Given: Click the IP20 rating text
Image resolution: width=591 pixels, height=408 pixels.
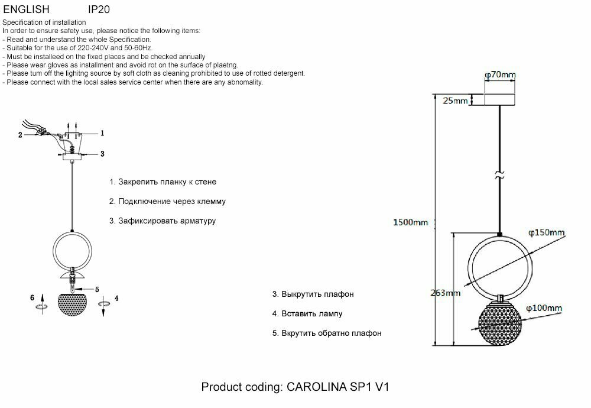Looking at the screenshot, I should click(x=99, y=10).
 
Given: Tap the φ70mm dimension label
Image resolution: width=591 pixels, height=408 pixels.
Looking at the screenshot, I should click(x=500, y=75).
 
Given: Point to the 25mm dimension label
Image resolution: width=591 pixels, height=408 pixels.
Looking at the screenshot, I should click(x=455, y=101).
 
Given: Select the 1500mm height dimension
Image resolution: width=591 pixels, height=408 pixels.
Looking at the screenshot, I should click(x=410, y=222).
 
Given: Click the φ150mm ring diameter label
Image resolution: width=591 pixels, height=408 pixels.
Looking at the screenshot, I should click(x=546, y=233).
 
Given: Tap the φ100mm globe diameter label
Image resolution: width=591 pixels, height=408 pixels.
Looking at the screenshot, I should click(x=543, y=308).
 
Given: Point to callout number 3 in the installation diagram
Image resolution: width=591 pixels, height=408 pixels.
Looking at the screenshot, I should click(x=102, y=154).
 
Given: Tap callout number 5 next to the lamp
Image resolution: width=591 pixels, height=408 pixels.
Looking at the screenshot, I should click(x=97, y=289).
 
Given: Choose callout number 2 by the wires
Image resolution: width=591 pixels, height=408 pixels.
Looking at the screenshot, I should click(x=20, y=135).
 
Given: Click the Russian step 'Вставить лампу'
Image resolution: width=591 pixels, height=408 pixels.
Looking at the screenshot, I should click(x=307, y=313).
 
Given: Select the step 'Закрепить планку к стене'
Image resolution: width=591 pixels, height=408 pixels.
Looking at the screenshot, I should click(x=163, y=182).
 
